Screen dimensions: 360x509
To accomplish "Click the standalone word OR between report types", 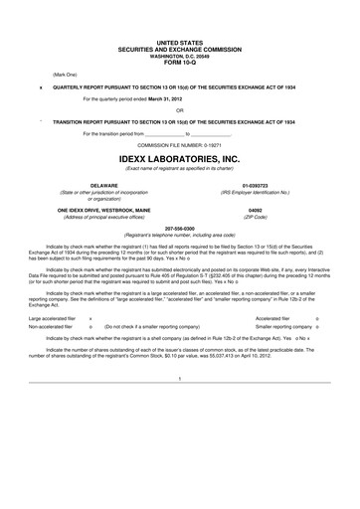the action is [180, 110].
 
